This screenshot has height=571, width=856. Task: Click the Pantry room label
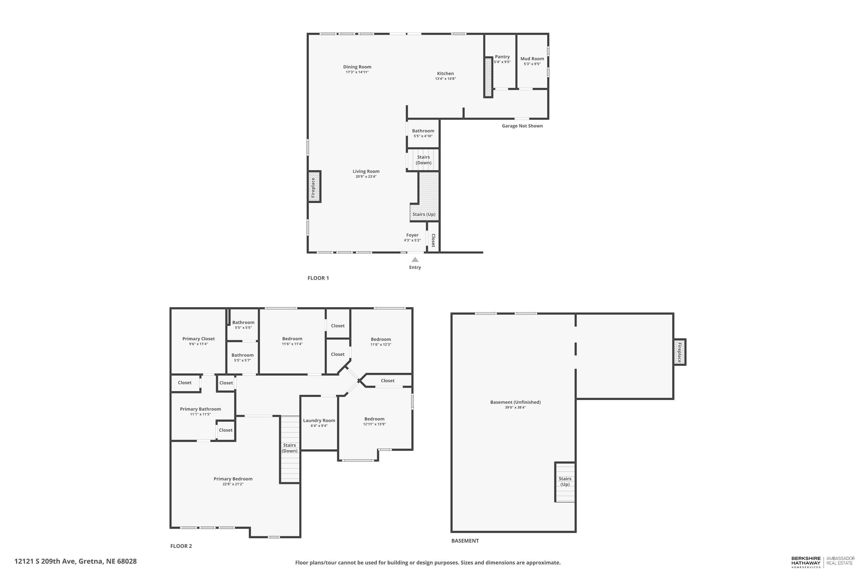tap(502, 57)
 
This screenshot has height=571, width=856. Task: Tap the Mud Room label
tap(532, 59)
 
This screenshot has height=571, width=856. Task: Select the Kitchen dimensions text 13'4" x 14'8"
tap(445, 79)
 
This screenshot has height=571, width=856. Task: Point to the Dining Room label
tap(357, 67)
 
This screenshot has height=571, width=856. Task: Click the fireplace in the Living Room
tap(314, 186)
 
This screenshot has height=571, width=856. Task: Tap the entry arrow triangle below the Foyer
tap(415, 260)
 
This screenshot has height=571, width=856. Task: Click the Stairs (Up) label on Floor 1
tap(424, 214)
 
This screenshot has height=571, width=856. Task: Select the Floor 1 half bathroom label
tap(423, 131)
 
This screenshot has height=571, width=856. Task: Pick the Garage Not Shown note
tap(522, 126)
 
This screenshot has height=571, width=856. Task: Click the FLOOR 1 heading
tap(318, 278)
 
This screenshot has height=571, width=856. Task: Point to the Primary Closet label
tap(198, 339)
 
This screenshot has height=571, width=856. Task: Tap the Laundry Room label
tap(319, 421)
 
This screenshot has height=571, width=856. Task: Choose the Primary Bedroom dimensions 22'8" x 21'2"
tap(233, 484)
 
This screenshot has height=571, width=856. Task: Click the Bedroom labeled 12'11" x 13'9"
tap(374, 419)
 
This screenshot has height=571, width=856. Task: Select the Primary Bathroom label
tap(200, 409)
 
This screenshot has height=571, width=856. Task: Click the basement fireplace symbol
tap(679, 352)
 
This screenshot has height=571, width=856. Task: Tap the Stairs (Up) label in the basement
tap(565, 481)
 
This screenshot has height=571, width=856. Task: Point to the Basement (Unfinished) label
tap(515, 402)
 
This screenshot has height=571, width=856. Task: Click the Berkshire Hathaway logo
tap(806, 562)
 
